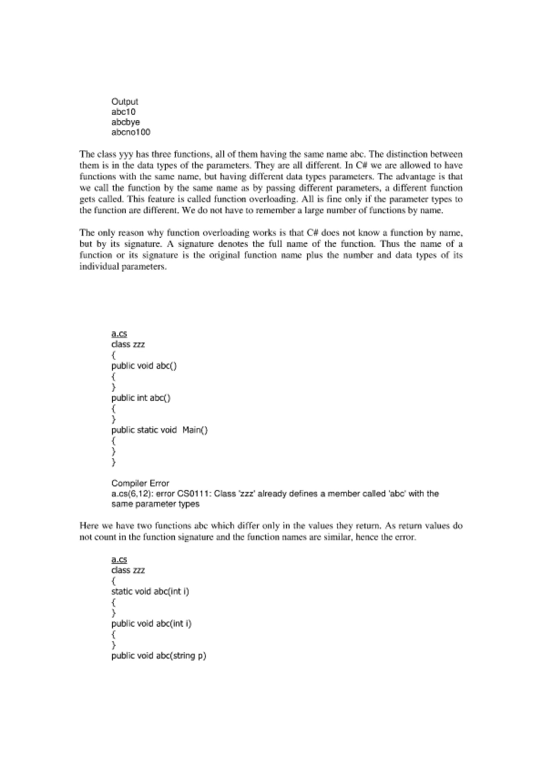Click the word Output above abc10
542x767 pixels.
pyautogui.click(x=125, y=102)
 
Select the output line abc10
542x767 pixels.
pyautogui.click(x=123, y=112)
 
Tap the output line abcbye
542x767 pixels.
pyautogui.click(x=125, y=122)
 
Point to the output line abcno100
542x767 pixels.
pyautogui.click(x=130, y=132)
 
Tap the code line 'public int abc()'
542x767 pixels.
pyautogui.click(x=141, y=398)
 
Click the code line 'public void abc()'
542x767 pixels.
pyautogui.click(x=144, y=366)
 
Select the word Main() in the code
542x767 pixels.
pyautogui.click(x=195, y=430)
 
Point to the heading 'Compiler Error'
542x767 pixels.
pyautogui.click(x=140, y=483)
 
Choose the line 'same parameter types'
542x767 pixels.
pyautogui.click(x=155, y=504)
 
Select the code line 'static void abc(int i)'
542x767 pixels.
pyautogui.click(x=150, y=592)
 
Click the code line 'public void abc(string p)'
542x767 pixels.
pyautogui.click(x=159, y=656)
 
